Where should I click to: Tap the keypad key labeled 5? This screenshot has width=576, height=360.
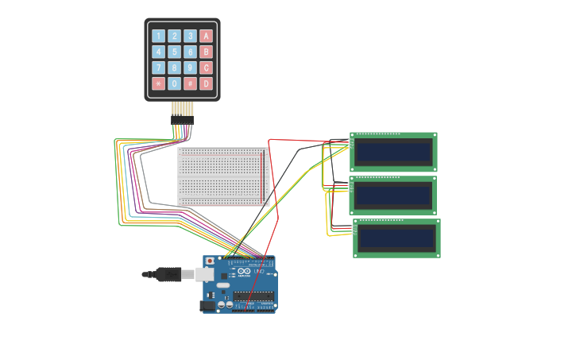(x=174, y=52)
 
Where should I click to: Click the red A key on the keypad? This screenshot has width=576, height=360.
(x=206, y=36)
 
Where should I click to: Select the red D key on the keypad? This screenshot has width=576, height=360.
(x=206, y=83)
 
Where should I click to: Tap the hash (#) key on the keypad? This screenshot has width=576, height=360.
(x=190, y=83)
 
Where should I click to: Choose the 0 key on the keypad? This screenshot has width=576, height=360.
(x=174, y=83)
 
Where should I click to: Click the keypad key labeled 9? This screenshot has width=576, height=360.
(x=190, y=68)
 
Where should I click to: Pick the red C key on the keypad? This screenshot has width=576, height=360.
(x=206, y=68)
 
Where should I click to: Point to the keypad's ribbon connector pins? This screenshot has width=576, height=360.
(x=182, y=110)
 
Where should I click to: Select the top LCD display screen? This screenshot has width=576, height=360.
(x=393, y=151)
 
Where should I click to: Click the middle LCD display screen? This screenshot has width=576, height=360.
(x=393, y=195)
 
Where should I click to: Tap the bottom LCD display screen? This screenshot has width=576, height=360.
(x=396, y=238)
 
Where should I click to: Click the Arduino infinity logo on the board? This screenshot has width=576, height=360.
(x=244, y=273)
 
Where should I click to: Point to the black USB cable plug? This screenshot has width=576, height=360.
(x=168, y=275)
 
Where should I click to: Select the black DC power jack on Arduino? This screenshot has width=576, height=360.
(x=208, y=305)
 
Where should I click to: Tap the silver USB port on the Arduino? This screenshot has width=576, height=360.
(x=205, y=274)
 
